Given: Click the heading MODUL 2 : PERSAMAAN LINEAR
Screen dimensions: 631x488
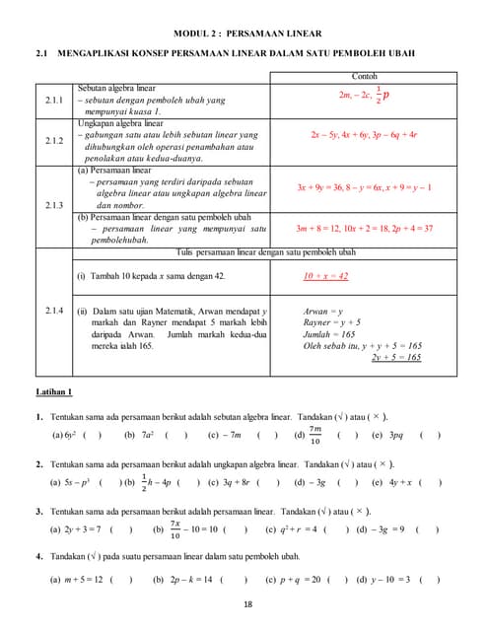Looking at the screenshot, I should (244, 33).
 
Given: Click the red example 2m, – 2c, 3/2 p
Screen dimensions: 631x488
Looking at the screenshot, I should (363, 96).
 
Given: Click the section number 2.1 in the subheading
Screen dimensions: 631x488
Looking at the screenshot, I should (41, 53).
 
